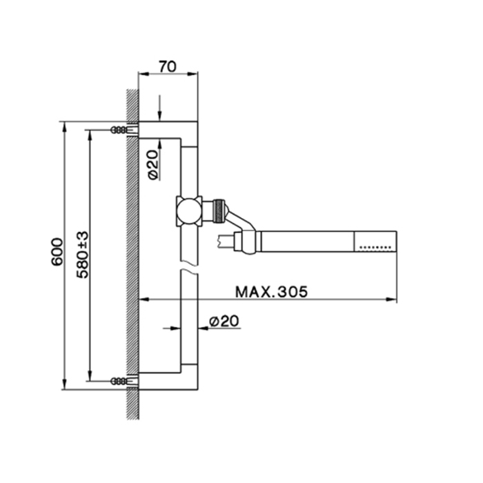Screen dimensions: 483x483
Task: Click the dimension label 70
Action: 168,66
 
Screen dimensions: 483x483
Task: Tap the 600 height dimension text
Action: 57,252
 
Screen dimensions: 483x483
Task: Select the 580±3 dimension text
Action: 83,255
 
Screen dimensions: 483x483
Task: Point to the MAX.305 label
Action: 271,292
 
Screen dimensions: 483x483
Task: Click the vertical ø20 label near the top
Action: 153,165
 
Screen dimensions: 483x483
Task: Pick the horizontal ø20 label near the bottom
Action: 224,322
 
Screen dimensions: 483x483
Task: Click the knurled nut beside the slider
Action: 219,211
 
